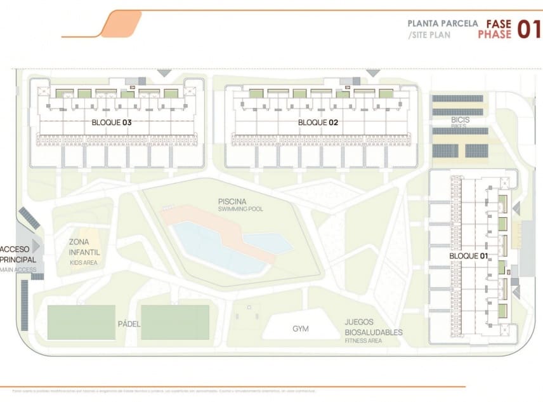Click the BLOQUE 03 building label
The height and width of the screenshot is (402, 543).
(111, 122)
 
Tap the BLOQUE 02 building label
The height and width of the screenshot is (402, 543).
(317, 122)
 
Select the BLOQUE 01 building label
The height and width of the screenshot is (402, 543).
(468, 255)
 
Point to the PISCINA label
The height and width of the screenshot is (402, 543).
(232, 201)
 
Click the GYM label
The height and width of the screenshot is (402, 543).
(301, 329)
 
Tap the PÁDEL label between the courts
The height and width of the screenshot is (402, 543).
(129, 324)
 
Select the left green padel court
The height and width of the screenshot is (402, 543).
(81, 322)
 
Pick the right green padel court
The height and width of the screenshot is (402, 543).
(175, 322)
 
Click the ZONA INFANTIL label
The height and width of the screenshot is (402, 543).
(84, 247)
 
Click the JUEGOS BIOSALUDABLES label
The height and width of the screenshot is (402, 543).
(373, 327)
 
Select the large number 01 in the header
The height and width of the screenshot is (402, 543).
(528, 29)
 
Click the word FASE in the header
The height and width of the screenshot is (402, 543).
(499, 24)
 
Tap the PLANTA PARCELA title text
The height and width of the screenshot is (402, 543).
(442, 24)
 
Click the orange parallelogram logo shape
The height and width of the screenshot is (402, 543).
(121, 23)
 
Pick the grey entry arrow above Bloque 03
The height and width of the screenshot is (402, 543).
(164, 73)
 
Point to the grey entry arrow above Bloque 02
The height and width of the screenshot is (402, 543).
(373, 73)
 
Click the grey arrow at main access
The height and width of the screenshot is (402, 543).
(37, 245)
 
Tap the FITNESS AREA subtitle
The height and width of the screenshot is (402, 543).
(363, 341)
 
